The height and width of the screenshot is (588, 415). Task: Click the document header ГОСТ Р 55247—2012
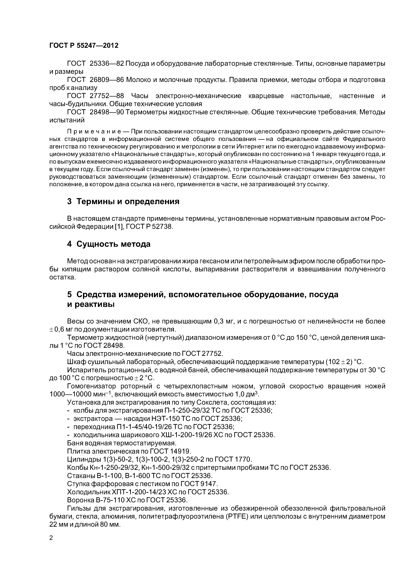coord(84,46)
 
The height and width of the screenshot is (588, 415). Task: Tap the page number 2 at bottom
coord(51,538)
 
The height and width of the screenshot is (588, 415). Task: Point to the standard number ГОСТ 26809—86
coord(95,80)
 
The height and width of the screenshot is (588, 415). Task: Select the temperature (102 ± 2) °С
coord(344,362)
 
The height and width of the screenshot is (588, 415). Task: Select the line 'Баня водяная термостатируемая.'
coord(122,443)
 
